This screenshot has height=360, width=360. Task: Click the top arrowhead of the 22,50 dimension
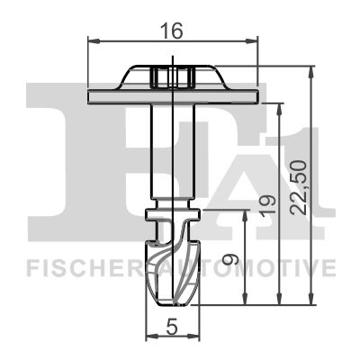310,70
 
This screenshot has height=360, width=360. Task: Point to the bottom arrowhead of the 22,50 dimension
310,301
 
